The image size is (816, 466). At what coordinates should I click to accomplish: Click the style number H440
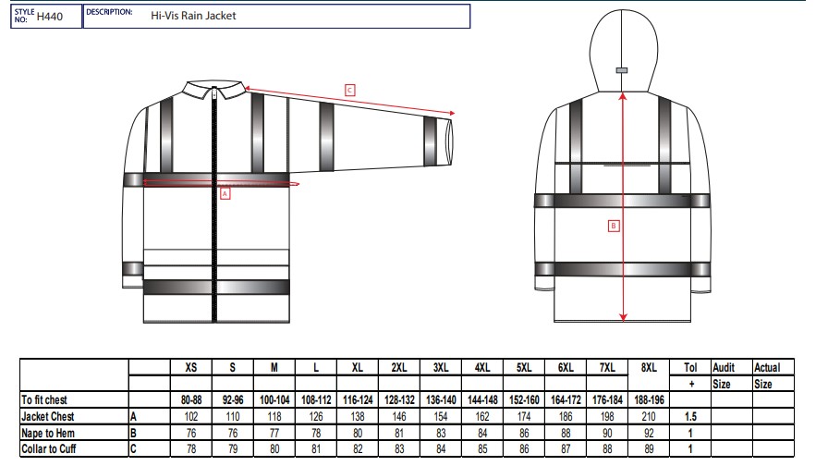pos(49,17)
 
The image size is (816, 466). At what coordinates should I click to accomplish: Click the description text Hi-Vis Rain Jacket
pos(193,16)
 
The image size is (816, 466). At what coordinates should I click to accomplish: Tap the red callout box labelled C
pos(349,90)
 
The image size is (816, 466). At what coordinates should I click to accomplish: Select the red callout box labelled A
pos(225,193)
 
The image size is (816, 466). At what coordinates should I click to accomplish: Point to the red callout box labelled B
pos(614,226)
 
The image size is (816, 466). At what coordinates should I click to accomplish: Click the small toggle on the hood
pos(621,70)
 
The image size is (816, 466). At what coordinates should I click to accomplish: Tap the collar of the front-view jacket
pos(213,89)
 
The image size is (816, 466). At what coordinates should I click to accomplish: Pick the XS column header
pos(191,368)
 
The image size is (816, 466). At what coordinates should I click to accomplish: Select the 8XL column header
pos(649,368)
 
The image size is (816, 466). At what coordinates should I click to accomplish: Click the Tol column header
pos(690,368)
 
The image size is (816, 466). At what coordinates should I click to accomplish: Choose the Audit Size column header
pos(724,376)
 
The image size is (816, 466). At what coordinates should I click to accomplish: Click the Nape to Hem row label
pos(48,434)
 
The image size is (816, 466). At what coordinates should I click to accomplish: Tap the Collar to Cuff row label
pos(48,448)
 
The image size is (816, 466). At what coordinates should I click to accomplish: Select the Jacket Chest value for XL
pos(358,417)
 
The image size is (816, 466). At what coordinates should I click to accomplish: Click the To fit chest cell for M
pos(274,399)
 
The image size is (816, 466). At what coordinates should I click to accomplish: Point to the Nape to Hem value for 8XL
pos(649,434)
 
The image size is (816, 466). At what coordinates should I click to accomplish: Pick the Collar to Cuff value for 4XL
pos(482,448)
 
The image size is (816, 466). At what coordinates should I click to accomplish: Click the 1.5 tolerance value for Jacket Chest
pos(690,417)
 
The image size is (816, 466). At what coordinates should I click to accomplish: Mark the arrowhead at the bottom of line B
pos(623,317)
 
